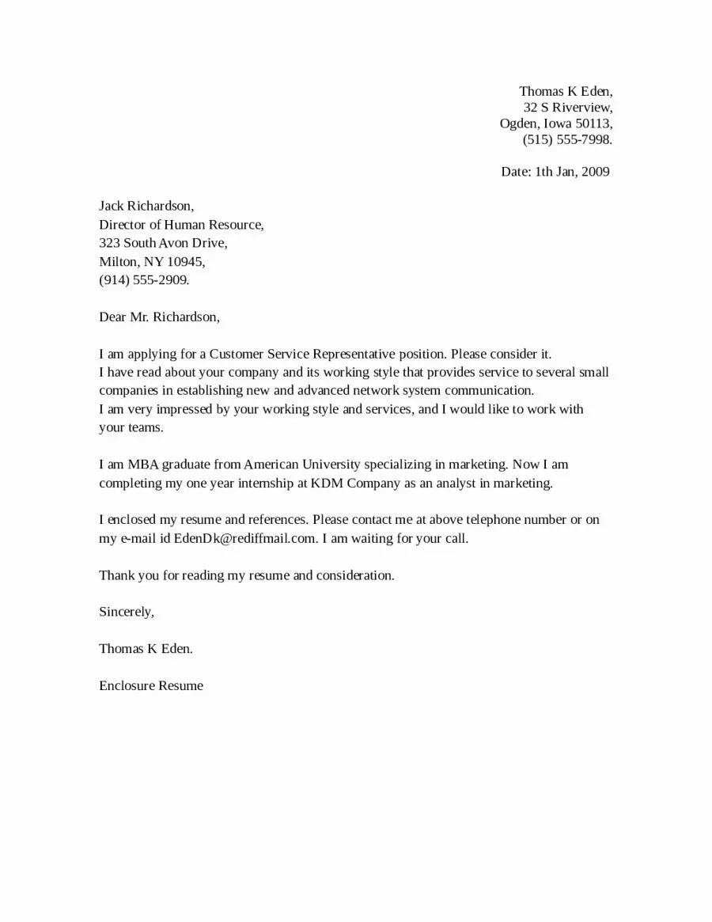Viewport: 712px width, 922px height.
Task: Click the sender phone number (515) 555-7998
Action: tap(567, 140)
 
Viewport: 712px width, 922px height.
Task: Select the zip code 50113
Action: tap(593, 123)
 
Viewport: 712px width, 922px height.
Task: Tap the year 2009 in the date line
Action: tap(595, 172)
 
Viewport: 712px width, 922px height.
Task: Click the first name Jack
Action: tap(112, 207)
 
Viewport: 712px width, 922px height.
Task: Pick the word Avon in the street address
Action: tap(174, 243)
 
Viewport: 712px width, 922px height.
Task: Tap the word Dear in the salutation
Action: tap(112, 317)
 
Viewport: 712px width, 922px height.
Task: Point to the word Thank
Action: tap(116, 575)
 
